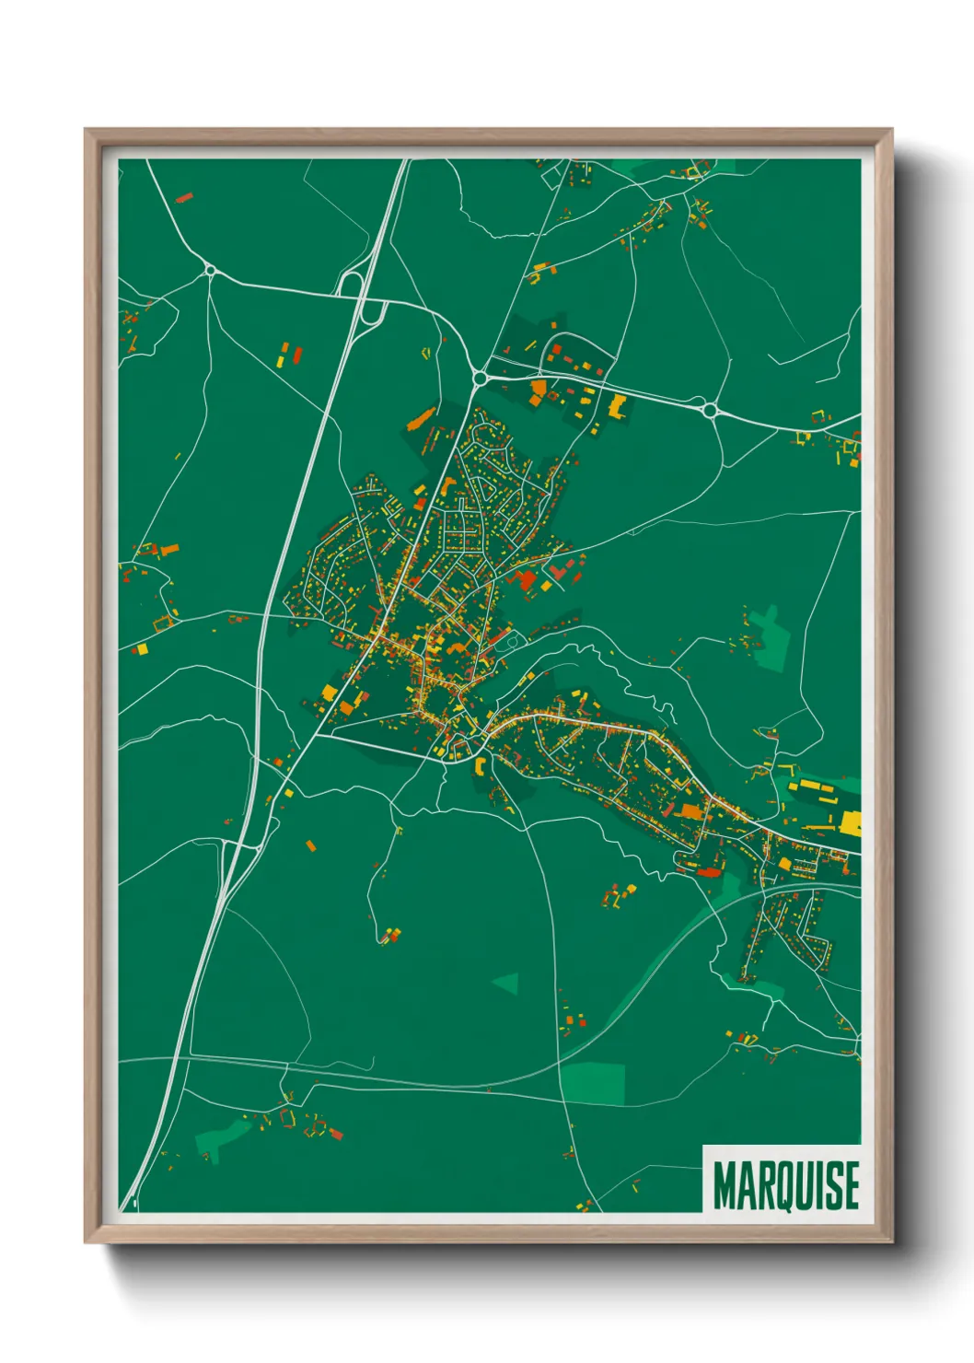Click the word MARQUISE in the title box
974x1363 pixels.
click(785, 1185)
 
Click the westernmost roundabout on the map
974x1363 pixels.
click(210, 270)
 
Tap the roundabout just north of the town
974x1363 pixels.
click(480, 377)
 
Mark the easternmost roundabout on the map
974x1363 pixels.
click(710, 410)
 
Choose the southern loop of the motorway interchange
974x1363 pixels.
click(371, 313)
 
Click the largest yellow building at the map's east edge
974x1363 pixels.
click(852, 821)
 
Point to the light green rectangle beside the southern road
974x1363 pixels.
click(593, 1082)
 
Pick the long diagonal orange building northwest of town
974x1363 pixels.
click(420, 418)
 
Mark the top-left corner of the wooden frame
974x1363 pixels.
click(87, 131)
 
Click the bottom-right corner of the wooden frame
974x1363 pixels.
click(891, 1242)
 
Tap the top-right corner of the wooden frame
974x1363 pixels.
click(891, 131)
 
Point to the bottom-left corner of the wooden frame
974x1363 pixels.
click(87, 1242)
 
